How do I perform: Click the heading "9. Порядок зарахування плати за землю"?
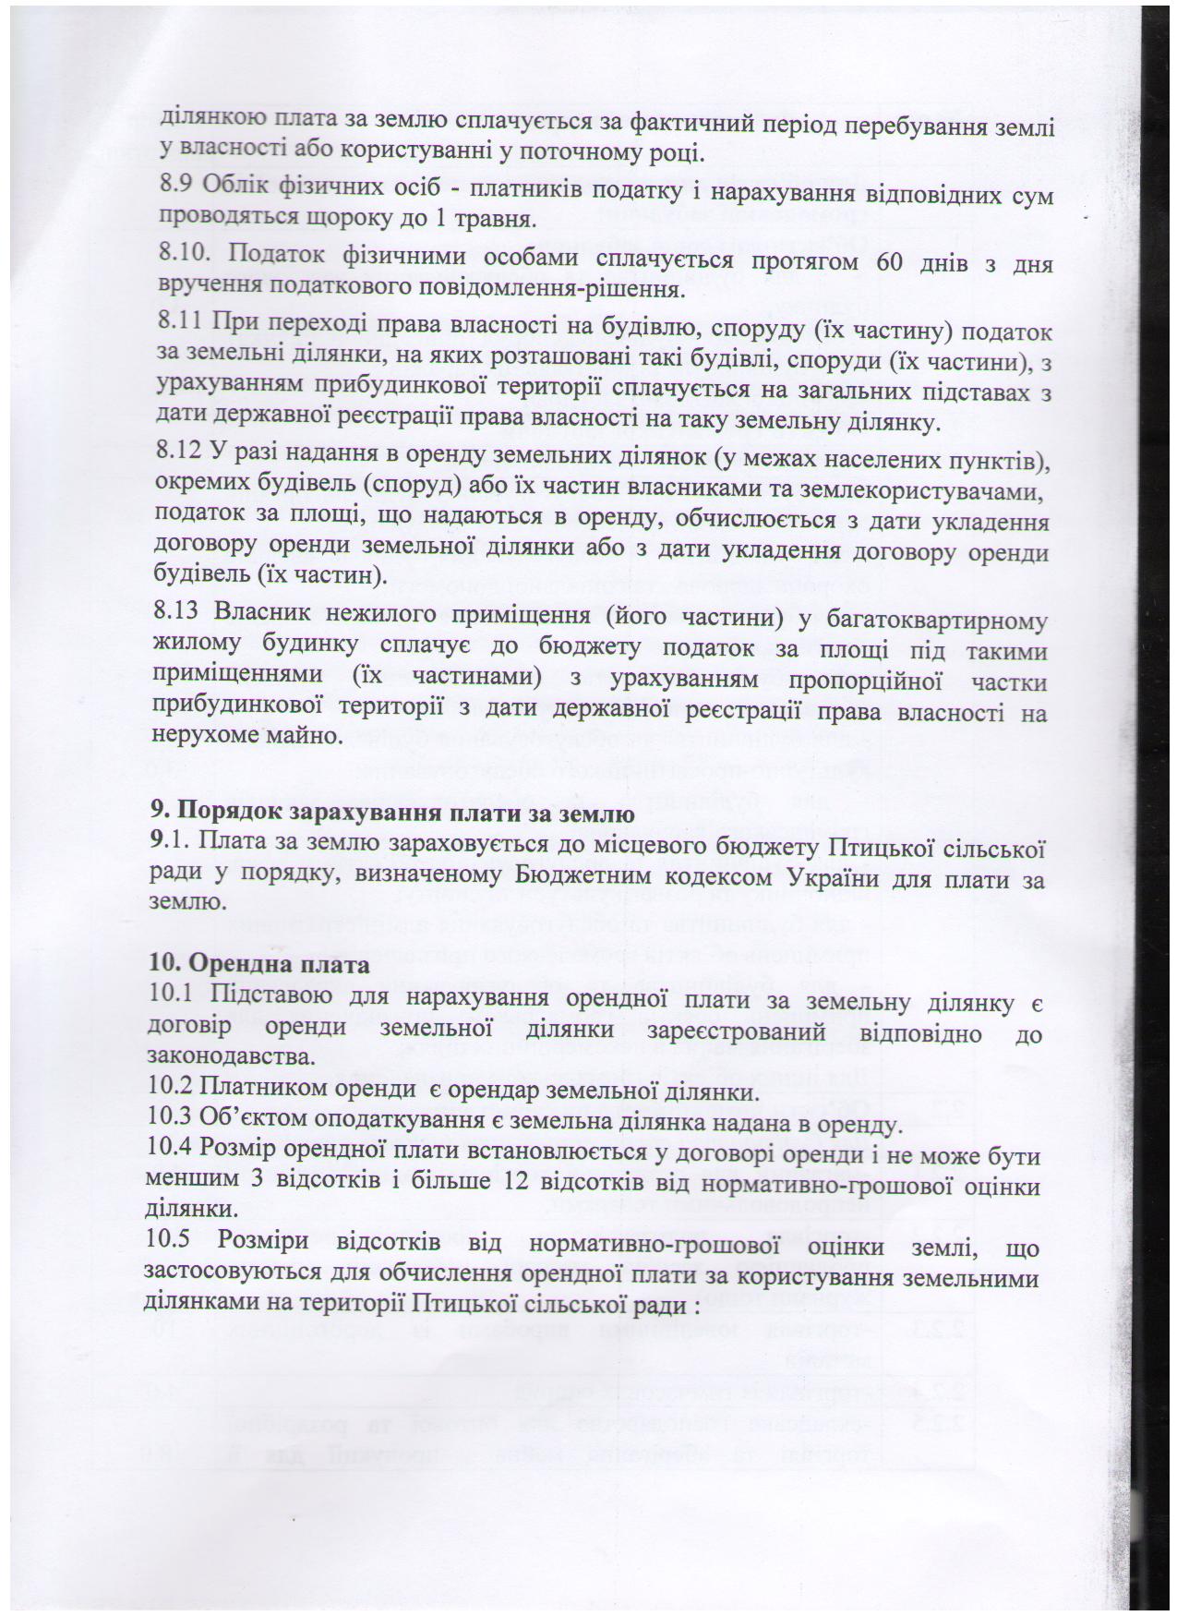391,814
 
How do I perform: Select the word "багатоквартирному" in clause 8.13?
932,620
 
